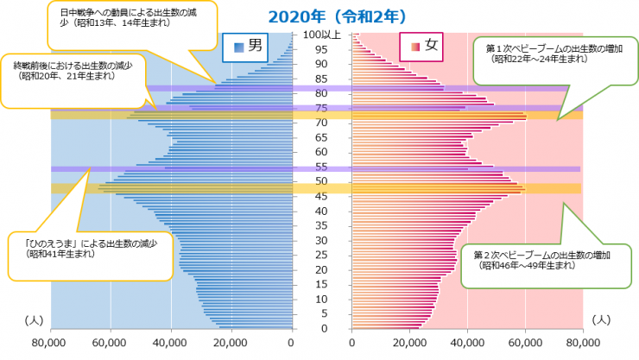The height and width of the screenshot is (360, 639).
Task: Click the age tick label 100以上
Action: [321, 35]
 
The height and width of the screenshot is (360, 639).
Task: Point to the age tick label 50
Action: [320, 181]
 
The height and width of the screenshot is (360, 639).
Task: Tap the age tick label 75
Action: [320, 108]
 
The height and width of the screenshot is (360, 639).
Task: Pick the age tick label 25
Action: [320, 255]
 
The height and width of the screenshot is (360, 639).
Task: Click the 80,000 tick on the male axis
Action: [51, 344]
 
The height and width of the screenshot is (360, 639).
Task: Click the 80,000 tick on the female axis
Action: [583, 344]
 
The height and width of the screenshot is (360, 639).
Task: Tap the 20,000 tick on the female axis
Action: [410, 344]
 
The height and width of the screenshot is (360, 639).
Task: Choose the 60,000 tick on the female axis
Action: [525, 344]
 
